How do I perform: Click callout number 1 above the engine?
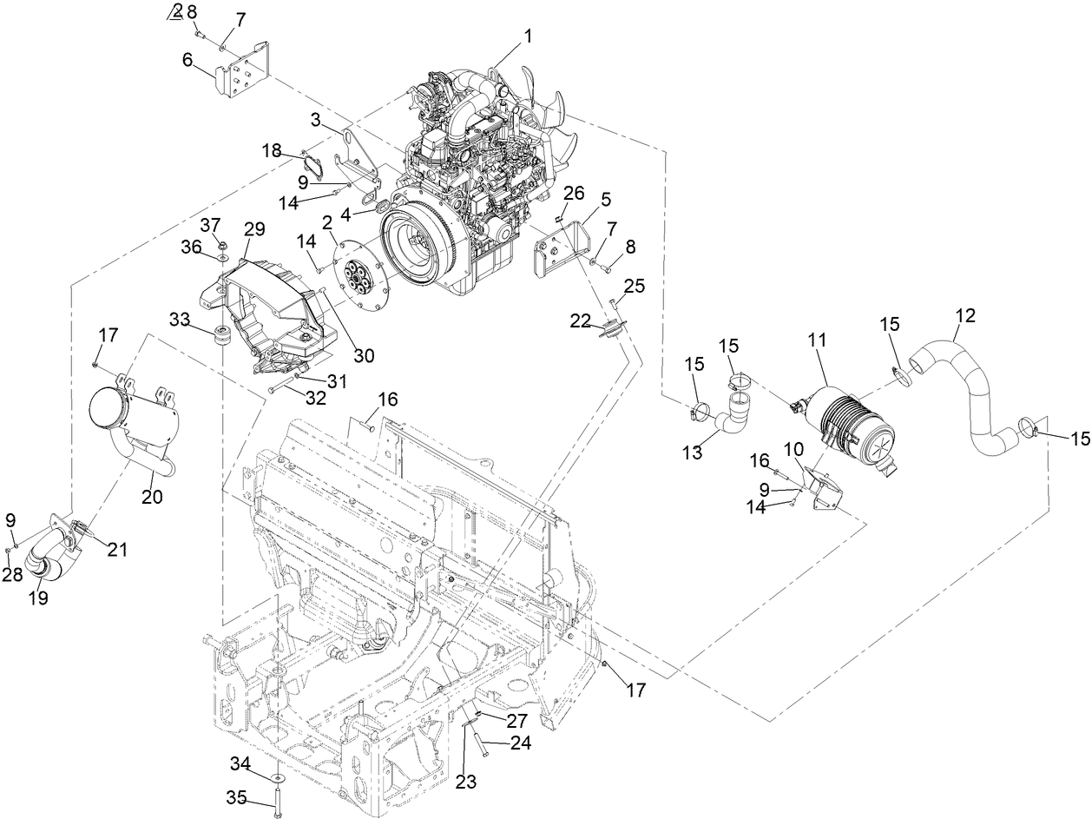click(x=528, y=36)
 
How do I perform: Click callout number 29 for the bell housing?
click(x=254, y=230)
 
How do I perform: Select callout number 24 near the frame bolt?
click(x=520, y=743)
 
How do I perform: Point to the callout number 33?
click(x=181, y=319)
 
